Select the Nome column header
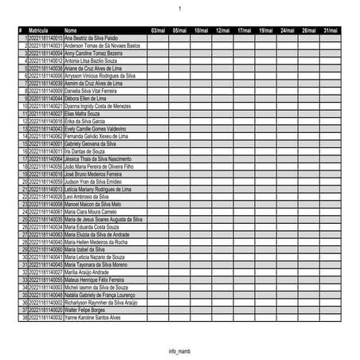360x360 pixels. pos(71,30)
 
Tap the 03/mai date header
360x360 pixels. pos(157,30)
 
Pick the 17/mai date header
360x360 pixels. pos(244,30)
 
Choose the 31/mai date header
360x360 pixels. pos(330,30)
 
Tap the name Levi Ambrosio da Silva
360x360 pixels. pos(86,196)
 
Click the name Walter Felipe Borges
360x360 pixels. pos(84,309)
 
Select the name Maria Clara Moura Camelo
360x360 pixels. pos(90,211)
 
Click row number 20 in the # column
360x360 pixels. pos(25,181)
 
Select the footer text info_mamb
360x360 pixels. pos(180,350)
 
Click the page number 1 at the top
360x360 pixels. pos(180,9)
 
